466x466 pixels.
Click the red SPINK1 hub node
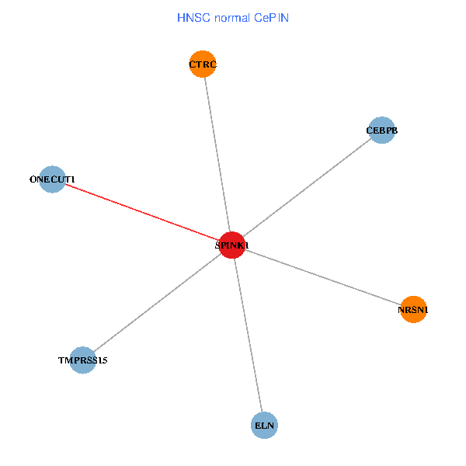point(232,245)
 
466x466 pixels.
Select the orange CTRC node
point(203,64)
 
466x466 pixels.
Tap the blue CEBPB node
point(382,130)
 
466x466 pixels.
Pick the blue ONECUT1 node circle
point(51,179)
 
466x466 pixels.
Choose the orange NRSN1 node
point(413,309)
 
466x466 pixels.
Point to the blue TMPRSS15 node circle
point(83,360)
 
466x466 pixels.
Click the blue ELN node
point(265,425)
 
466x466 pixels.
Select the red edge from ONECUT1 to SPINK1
point(140,211)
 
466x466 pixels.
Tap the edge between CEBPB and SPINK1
point(307,187)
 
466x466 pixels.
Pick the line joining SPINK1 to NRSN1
point(322,276)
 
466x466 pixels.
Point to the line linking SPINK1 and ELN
point(249,335)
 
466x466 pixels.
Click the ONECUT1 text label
point(51,179)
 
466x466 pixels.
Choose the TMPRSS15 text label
point(83,360)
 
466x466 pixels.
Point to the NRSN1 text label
point(413,310)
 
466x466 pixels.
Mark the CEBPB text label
point(382,130)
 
